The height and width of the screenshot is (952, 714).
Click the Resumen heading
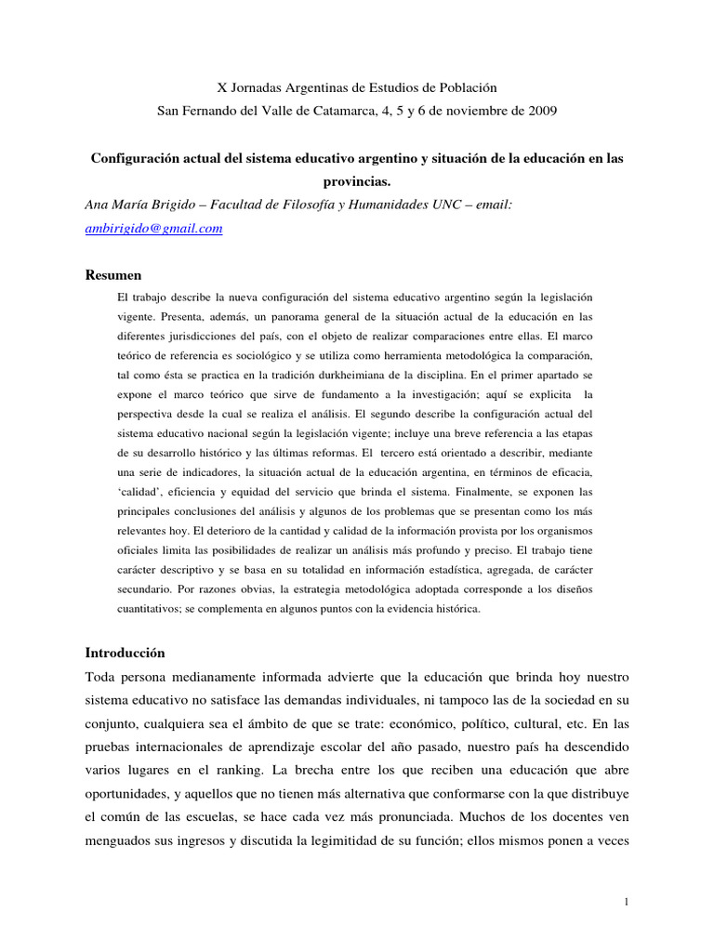[x=113, y=275]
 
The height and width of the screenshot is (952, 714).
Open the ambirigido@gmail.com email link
[x=153, y=229]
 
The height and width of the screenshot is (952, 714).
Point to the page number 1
[x=628, y=902]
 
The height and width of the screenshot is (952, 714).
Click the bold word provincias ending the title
[x=356, y=182]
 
